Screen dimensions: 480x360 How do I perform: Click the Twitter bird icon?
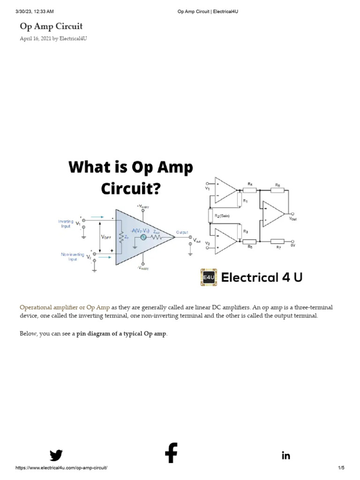tap(56, 455)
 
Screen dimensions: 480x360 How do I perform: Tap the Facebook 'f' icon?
tap(171, 453)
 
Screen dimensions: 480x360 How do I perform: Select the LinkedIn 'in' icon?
tap(286, 456)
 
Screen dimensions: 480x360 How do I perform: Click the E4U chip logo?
tap(209, 277)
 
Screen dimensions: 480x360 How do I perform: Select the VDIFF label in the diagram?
tap(107, 238)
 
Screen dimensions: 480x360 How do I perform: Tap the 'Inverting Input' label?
tap(66, 223)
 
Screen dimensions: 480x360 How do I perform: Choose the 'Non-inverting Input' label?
tap(72, 256)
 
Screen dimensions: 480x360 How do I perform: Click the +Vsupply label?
tap(142, 206)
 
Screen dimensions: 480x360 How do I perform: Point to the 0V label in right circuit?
tap(292, 244)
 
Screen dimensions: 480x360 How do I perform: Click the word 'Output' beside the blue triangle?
tap(182, 232)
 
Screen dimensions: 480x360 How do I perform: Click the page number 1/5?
tap(341, 468)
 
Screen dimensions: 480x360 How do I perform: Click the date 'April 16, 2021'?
tap(35, 38)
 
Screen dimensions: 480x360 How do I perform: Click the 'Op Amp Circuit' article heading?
tap(51, 26)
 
